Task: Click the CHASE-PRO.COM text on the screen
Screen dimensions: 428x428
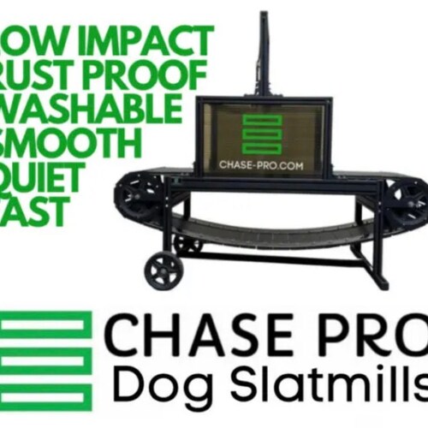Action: coord(260,164)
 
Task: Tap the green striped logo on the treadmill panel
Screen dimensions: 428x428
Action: coord(261,134)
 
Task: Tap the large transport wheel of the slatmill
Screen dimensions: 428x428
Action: coord(163,270)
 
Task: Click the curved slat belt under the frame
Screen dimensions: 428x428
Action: coord(274,231)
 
